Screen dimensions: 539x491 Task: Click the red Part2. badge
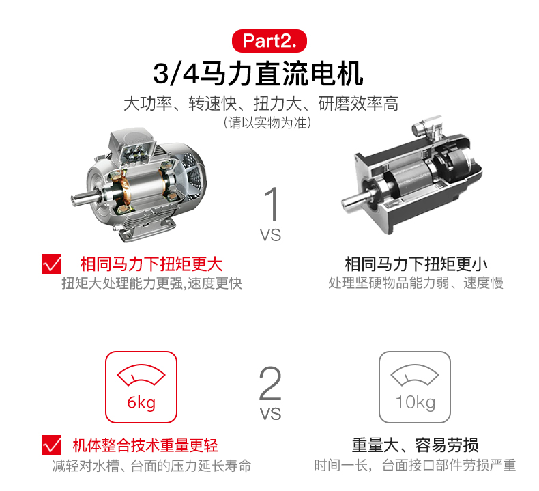tap(269, 41)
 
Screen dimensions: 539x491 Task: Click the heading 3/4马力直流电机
tap(258, 74)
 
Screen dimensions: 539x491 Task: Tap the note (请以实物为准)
tap(267, 122)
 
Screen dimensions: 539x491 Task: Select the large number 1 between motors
tap(272, 204)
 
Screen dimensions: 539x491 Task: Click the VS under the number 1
tap(270, 235)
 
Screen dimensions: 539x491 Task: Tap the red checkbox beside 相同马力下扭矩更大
tap(52, 264)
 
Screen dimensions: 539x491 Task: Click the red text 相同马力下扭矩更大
tap(151, 264)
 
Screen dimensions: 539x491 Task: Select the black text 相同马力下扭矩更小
tap(416, 264)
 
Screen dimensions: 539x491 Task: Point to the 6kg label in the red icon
tap(141, 402)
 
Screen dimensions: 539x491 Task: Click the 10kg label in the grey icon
tap(416, 402)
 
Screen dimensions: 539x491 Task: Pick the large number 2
tap(270, 383)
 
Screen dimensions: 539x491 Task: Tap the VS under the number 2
tap(270, 414)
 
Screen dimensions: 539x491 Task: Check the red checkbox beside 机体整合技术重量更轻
tap(52, 445)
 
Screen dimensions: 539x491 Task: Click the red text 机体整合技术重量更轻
tap(145, 445)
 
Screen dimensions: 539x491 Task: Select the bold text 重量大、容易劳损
tap(415, 445)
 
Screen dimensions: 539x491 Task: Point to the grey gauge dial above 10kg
tap(415, 375)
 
